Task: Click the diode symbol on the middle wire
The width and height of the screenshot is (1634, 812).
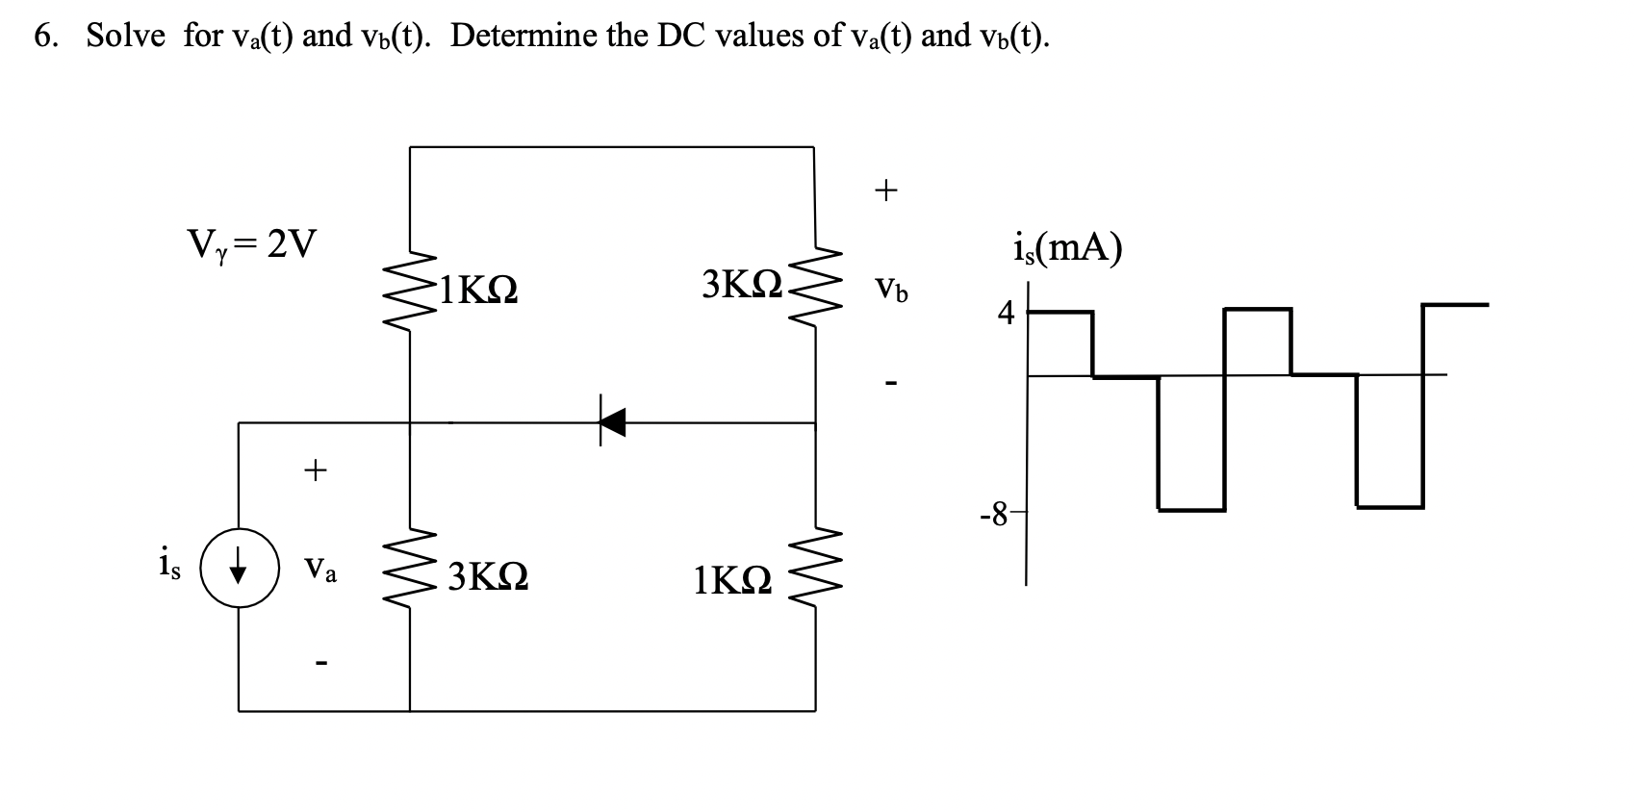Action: tap(611, 421)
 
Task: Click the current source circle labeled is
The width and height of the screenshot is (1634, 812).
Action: tap(239, 567)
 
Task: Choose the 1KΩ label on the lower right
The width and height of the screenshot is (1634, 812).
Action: tap(732, 580)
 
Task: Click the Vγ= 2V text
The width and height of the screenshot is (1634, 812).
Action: tap(250, 245)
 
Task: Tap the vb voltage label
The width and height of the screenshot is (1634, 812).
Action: tap(889, 288)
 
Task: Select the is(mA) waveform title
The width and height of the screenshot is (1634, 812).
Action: tap(1067, 249)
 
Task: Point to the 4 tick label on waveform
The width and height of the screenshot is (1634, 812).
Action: tap(1006, 313)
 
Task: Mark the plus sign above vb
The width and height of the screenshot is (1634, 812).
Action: tap(885, 190)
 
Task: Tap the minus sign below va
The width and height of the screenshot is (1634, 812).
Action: tap(320, 662)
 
